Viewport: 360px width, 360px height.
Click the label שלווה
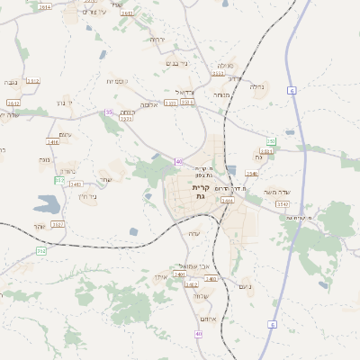[x=202, y=296]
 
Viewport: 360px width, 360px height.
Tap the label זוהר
[x=37, y=226]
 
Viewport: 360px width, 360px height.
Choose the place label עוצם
[x=66, y=134]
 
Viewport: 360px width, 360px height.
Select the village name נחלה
[x=257, y=87]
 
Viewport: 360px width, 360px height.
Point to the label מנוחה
[x=222, y=94]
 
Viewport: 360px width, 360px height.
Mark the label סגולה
[x=225, y=65]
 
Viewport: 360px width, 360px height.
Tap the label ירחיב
[x=157, y=40]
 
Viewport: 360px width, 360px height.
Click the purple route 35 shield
[x=109, y=112]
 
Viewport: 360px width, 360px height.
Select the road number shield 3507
[x=58, y=224]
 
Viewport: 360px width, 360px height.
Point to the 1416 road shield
[x=53, y=142]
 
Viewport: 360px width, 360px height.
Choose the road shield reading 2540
[x=252, y=174]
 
